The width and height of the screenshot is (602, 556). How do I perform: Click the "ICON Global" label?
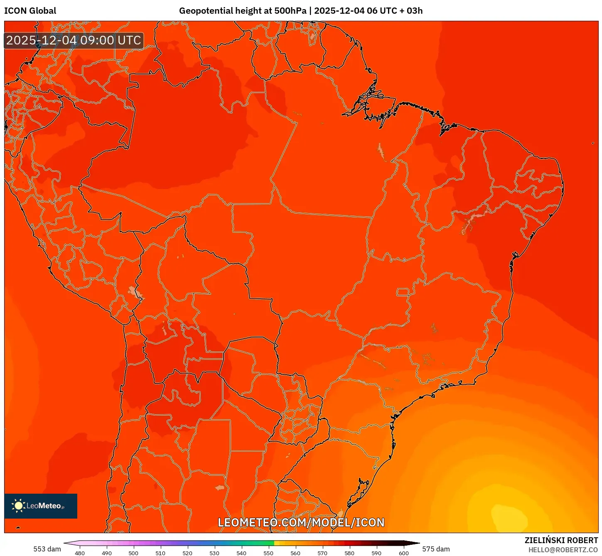[30, 11]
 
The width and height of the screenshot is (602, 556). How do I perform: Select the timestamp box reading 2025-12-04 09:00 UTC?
[74, 40]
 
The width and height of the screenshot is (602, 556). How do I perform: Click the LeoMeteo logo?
[41, 506]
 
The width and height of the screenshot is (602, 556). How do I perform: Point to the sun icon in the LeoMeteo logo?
[18, 505]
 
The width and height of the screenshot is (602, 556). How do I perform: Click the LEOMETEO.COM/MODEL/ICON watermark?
[301, 522]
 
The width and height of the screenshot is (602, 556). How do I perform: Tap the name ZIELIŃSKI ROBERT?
[561, 541]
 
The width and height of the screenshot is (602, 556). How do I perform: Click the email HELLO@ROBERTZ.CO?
[563, 550]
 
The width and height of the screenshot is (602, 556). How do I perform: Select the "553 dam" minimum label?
[47, 549]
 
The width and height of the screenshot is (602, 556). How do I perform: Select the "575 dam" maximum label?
[436, 549]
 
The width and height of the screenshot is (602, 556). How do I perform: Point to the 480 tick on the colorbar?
[80, 553]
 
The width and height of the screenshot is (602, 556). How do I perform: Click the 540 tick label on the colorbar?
[241, 553]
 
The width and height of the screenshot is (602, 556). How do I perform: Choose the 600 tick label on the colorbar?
[403, 553]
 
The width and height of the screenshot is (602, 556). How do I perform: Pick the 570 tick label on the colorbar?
[322, 553]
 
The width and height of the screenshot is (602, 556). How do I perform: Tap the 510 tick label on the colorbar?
[160, 553]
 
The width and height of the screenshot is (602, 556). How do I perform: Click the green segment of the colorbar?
[260, 543]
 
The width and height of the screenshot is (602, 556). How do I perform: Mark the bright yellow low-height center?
[509, 515]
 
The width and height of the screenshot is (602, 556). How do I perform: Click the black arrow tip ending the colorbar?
[418, 543]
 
